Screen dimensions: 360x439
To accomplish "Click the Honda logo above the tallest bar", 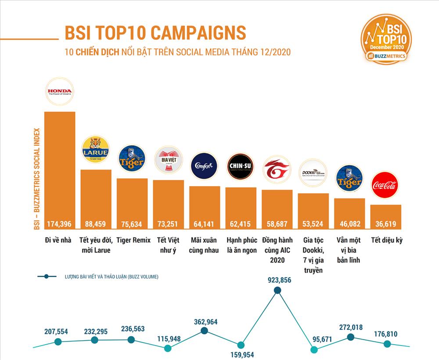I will [x=60, y=92].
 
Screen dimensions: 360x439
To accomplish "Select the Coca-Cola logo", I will [x=385, y=185].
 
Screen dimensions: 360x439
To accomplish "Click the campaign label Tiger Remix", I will [x=133, y=240].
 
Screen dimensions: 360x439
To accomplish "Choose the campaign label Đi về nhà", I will [x=59, y=240].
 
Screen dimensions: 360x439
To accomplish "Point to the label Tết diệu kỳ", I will [x=387, y=240].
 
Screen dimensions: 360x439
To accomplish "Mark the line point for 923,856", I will [x=277, y=290].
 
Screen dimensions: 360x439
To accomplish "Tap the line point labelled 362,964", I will [x=204, y=331].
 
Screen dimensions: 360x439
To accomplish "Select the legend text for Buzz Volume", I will [x=110, y=277].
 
